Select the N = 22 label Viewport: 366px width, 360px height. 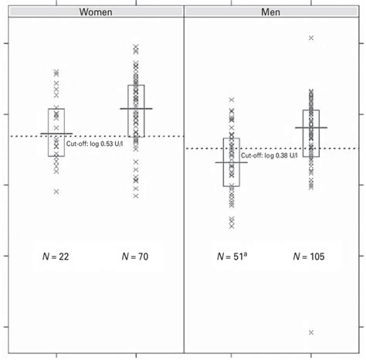point(56,256)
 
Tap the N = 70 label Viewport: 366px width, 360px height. point(137,256)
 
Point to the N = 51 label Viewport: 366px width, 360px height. point(230,256)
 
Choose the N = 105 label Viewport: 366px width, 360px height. point(310,256)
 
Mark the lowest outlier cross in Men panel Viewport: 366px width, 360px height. point(311,332)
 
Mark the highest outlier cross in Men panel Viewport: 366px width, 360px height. point(311,37)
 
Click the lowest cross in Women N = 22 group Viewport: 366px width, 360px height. point(56,192)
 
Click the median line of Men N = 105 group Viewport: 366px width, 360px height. point(311,127)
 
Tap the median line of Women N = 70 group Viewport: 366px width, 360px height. point(136,109)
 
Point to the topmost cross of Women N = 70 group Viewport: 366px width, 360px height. point(136,47)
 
